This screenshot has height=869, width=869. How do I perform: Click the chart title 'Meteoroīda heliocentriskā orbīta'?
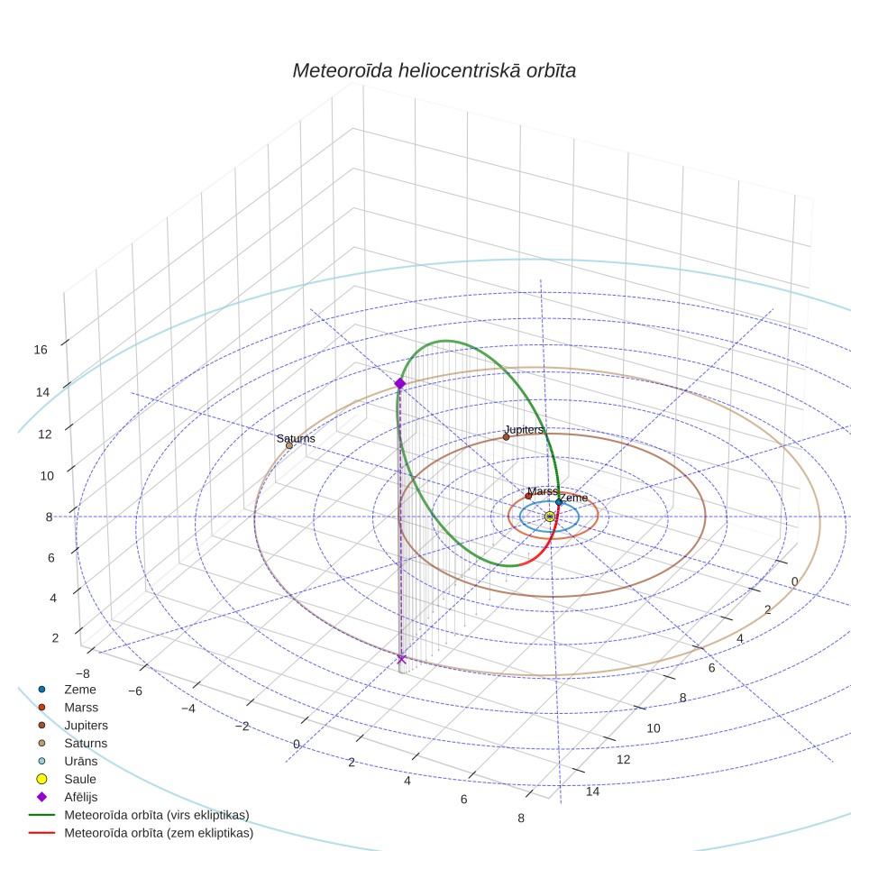tap(434, 71)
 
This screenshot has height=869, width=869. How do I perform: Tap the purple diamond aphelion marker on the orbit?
tap(399, 383)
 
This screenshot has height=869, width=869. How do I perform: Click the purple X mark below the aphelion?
tap(402, 659)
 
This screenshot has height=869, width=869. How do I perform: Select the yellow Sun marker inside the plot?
tap(549, 517)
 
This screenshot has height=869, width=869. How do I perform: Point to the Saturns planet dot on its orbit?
tap(288, 445)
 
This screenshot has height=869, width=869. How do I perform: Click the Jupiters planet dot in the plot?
tap(506, 437)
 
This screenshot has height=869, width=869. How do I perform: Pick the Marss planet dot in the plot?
tap(528, 496)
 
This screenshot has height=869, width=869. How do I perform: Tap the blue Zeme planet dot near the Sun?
tap(559, 502)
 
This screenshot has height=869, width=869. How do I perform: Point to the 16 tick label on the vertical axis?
tap(41, 350)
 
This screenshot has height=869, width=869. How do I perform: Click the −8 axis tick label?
tap(83, 674)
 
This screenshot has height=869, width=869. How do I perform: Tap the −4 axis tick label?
tap(188, 709)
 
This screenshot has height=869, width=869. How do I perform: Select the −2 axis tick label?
tap(242, 727)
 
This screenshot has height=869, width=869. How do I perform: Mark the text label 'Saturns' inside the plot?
tap(296, 438)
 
